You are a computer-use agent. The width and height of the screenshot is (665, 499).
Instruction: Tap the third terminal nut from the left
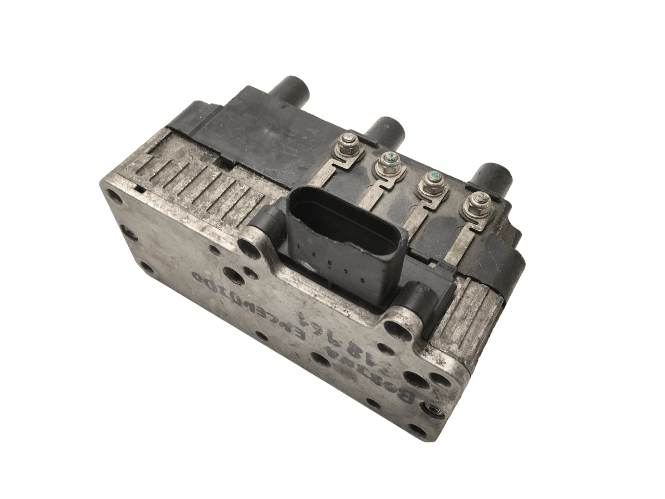click(x=431, y=180)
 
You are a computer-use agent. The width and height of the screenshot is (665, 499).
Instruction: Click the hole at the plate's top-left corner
click(x=113, y=196)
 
